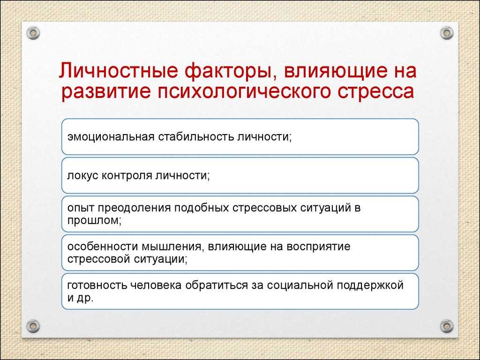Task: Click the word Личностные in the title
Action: tap(118, 71)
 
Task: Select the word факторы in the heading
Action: tap(228, 71)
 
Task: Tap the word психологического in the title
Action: tap(244, 92)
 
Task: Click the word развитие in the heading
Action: tap(106, 92)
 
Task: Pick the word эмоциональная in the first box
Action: tap(111, 136)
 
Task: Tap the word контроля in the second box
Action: tap(127, 175)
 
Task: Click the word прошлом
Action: tap(94, 220)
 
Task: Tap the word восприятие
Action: tap(318, 247)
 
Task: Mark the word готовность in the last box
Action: tap(97, 285)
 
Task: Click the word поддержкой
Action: tap(370, 285)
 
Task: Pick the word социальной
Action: tap(300, 285)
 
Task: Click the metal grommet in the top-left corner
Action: tap(33, 33)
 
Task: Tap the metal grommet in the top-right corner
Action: tap(447, 33)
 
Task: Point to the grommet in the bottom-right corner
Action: tap(447, 326)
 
